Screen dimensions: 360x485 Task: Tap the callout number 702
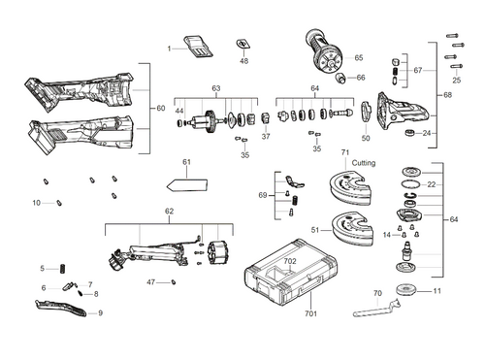coord(290,262)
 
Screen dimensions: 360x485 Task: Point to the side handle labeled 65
coord(321,48)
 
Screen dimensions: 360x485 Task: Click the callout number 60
coord(161,108)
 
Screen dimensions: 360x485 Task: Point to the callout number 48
coord(243,61)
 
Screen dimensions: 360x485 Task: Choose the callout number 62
coord(169,212)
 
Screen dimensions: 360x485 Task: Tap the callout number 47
coord(151,281)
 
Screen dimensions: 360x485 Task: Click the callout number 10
coord(36,203)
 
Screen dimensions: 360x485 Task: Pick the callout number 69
coord(263,196)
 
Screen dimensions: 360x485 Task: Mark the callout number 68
coord(447,95)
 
